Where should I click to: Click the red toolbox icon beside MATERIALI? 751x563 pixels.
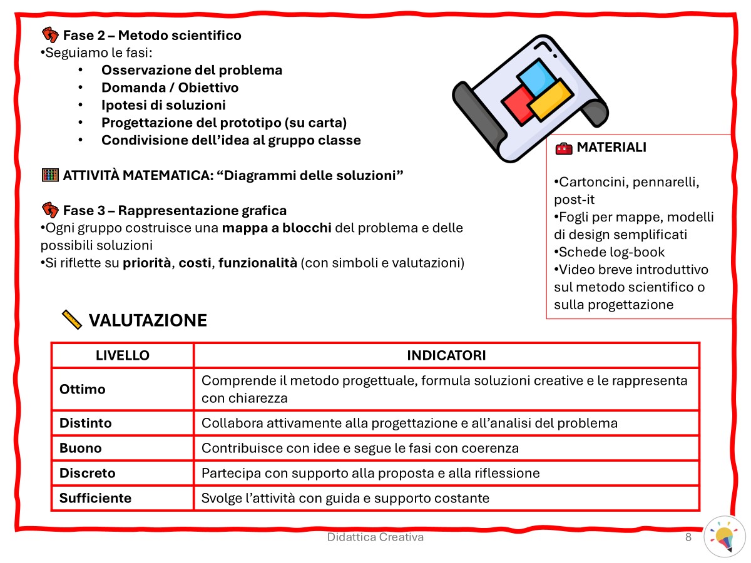click(x=563, y=148)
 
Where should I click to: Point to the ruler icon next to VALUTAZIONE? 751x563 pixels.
click(x=72, y=320)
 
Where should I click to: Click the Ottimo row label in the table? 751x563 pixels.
click(x=83, y=389)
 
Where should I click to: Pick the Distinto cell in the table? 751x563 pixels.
click(x=86, y=423)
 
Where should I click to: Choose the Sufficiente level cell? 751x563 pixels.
click(x=95, y=498)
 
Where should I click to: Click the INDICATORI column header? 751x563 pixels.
click(x=446, y=355)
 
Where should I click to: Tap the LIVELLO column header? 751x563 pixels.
click(x=122, y=355)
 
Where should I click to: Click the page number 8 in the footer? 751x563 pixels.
click(x=688, y=537)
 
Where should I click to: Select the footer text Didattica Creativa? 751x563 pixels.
click(x=375, y=537)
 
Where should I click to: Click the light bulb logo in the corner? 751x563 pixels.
click(x=724, y=537)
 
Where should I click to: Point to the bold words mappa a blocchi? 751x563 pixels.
click(x=277, y=228)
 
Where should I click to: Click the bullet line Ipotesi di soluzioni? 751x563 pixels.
click(x=163, y=105)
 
